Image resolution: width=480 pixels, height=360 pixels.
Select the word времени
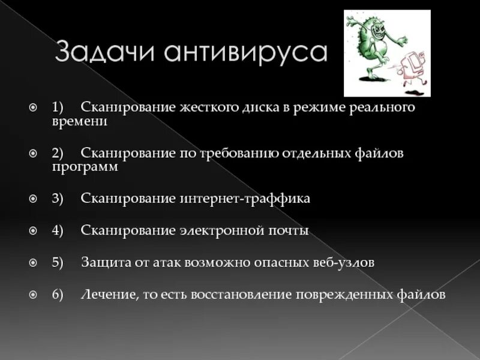(x=79, y=121)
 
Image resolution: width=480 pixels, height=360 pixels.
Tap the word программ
(x=85, y=167)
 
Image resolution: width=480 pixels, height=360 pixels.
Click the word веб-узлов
(x=344, y=263)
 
